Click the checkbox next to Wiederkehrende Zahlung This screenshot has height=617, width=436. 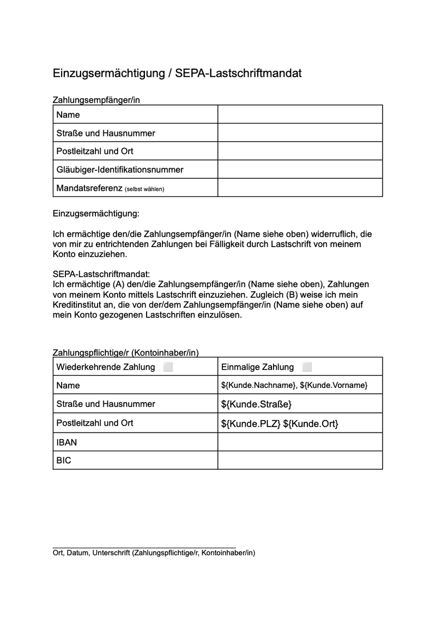168,367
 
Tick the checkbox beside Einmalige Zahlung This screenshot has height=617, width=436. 307,367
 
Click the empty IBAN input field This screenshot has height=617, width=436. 300,442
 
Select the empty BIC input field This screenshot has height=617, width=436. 300,460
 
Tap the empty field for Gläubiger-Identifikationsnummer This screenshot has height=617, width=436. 300,170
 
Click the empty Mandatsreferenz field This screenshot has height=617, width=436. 300,188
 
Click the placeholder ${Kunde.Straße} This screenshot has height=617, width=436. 257,404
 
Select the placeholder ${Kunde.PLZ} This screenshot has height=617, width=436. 251,423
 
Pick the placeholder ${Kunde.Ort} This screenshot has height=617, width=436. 311,423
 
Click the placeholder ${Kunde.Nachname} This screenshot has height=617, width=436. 258,386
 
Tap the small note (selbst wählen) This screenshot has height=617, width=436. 144,189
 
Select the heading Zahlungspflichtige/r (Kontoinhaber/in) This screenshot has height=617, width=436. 129,352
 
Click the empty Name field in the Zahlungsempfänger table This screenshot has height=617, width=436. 300,115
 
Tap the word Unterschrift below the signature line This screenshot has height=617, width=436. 112,553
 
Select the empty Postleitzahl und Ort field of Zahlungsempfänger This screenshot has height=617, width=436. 300,151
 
